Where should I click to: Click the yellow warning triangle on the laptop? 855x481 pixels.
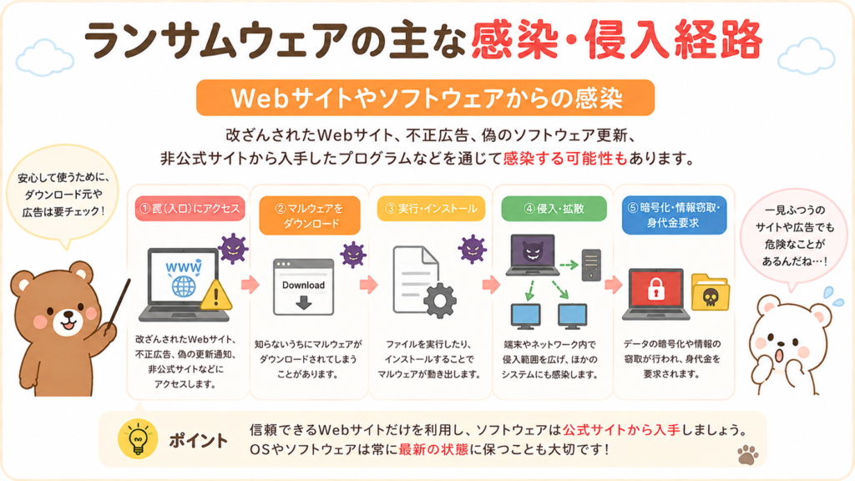coord(216,296)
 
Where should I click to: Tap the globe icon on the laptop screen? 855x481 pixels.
coord(184,286)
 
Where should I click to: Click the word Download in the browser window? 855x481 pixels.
coord(303,286)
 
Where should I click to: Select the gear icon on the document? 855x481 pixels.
coord(439,301)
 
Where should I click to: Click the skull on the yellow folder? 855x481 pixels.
coord(710,297)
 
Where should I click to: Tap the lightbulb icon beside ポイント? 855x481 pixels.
coord(138,439)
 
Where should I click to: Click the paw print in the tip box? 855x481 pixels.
coord(747,454)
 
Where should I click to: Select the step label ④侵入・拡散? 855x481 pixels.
coord(554,208)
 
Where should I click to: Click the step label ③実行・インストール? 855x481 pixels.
coord(431,208)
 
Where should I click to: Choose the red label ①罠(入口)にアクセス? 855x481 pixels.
coord(190,208)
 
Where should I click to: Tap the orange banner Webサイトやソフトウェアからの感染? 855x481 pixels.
coord(425,99)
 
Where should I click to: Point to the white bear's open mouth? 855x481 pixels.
coord(781,355)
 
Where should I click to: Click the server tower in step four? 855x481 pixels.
coord(591,265)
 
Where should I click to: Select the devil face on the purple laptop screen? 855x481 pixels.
coord(532,252)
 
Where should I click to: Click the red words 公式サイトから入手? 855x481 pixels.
coord(621,430)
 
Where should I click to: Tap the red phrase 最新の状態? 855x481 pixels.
coord(433,449)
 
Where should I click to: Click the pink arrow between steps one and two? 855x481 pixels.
coord(250,284)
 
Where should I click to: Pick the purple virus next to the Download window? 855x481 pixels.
coord(353,255)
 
